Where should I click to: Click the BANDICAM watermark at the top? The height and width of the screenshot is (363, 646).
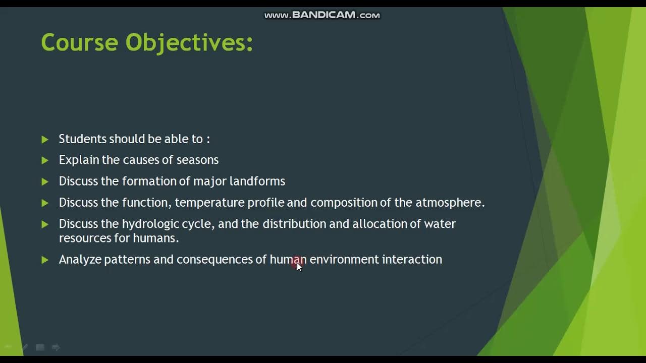click(322, 15)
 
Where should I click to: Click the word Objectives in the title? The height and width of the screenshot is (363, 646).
click(189, 42)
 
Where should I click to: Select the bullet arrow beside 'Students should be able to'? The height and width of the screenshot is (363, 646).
click(45, 139)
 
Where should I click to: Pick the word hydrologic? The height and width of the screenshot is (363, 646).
click(150, 224)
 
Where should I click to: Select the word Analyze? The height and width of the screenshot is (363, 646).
click(80, 260)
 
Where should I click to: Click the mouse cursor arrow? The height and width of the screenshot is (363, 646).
click(299, 267)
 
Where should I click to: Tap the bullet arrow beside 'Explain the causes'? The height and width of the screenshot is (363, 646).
click(45, 160)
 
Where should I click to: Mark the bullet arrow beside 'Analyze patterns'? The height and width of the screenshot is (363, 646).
click(45, 260)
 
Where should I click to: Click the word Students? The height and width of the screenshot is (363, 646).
click(82, 139)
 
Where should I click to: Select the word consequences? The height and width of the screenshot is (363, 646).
click(214, 259)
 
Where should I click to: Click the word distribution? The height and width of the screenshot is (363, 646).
click(294, 224)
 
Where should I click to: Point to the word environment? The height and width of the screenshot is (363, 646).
click(344, 259)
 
